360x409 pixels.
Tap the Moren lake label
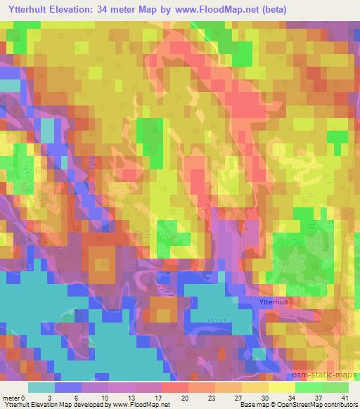pyautogui.click(x=217, y=320)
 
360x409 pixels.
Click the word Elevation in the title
pyautogui.click(x=92, y=9)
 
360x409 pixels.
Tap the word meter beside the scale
pyautogui.click(x=11, y=397)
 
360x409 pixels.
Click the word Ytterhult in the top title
pyautogui.click(x=34, y=9)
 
